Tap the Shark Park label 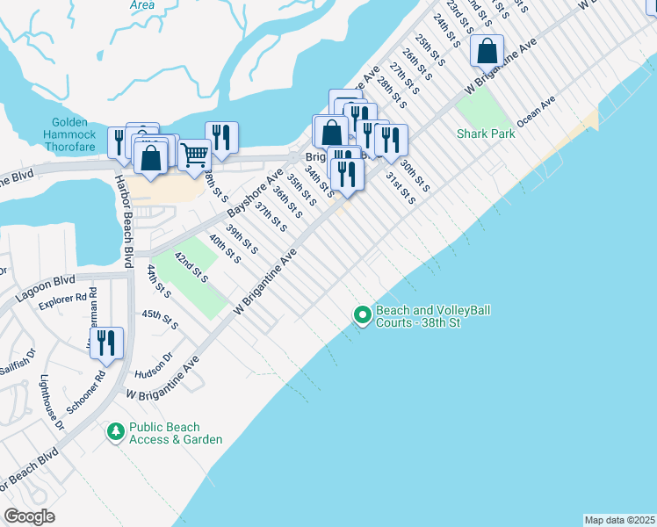(x=484, y=134)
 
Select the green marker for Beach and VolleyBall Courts (x=361, y=314)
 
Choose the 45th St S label (x=159, y=320)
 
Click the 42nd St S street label (x=190, y=268)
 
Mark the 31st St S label (x=401, y=187)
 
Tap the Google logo (x=29, y=516)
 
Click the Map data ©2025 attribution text (x=618, y=520)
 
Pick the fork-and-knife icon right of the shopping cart (x=221, y=136)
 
